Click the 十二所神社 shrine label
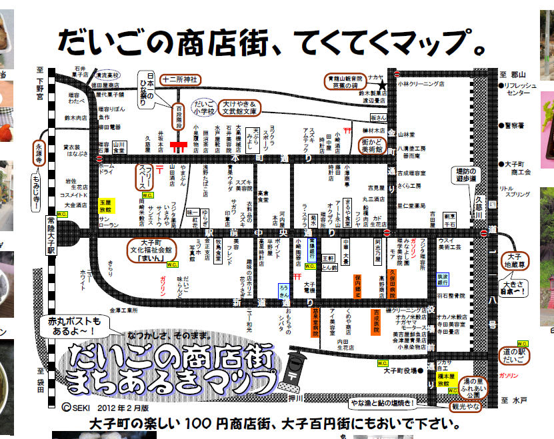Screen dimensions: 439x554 click(x=177, y=80)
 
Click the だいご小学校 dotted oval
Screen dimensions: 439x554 click(x=204, y=108)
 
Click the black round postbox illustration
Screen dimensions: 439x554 click(x=295, y=370)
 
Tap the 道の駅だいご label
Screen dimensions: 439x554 click(x=514, y=356)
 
